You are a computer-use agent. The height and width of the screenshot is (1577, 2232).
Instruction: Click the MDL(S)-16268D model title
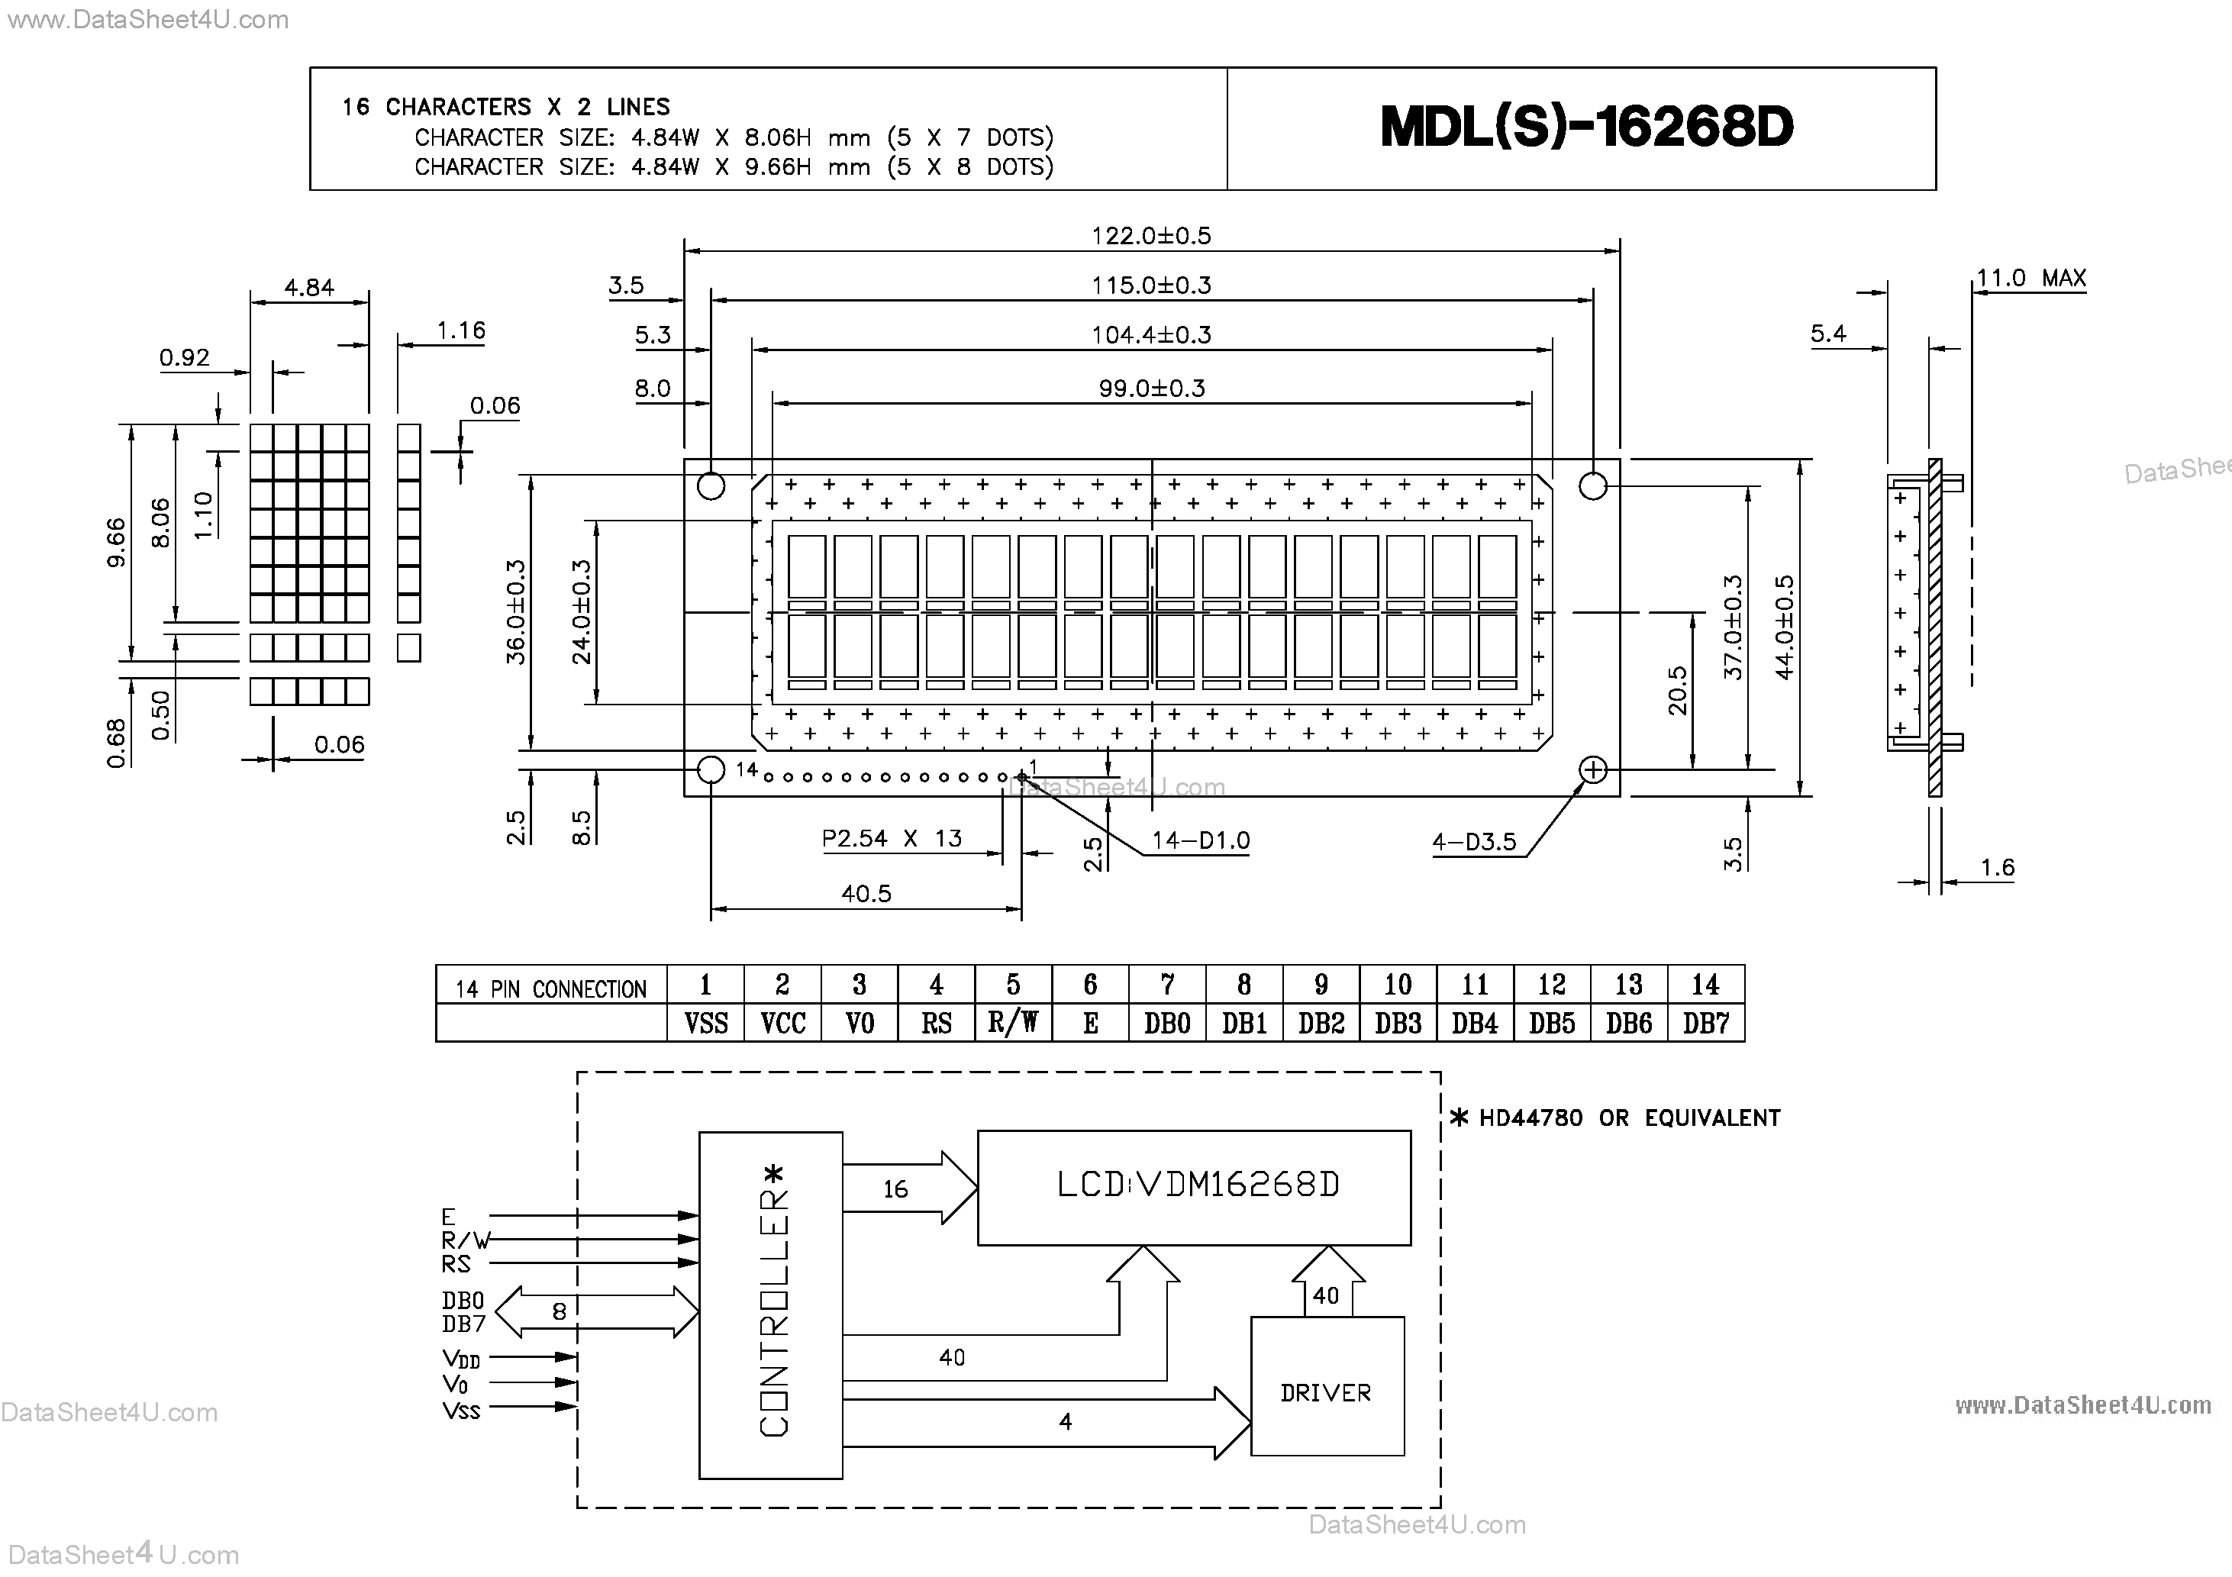(1585, 127)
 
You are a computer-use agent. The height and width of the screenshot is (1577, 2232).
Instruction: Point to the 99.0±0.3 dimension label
(1151, 389)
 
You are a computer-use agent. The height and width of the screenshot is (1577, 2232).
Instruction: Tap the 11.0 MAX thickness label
(2030, 279)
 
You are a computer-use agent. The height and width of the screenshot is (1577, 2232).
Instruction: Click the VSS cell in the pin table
(706, 1024)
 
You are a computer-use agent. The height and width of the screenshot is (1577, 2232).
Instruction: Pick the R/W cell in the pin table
(1013, 1023)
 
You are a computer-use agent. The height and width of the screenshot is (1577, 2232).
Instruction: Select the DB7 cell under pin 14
(1706, 1024)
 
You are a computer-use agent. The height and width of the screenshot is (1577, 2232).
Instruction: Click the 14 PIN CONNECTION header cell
(551, 988)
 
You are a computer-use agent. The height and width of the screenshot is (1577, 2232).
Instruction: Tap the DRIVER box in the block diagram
(1327, 1392)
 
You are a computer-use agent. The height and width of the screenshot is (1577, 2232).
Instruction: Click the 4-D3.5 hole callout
(1474, 842)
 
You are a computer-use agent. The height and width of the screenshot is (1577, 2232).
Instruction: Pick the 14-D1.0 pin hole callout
(1201, 841)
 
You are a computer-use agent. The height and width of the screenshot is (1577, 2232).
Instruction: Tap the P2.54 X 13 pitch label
(892, 838)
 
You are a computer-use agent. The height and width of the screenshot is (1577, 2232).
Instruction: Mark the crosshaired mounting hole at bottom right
(1592, 770)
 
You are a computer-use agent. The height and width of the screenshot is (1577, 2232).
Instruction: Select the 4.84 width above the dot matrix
(309, 288)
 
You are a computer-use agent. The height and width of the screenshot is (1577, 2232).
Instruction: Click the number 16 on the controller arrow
(895, 1189)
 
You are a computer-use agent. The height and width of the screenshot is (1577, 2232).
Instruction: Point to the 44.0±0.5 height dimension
(1784, 627)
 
